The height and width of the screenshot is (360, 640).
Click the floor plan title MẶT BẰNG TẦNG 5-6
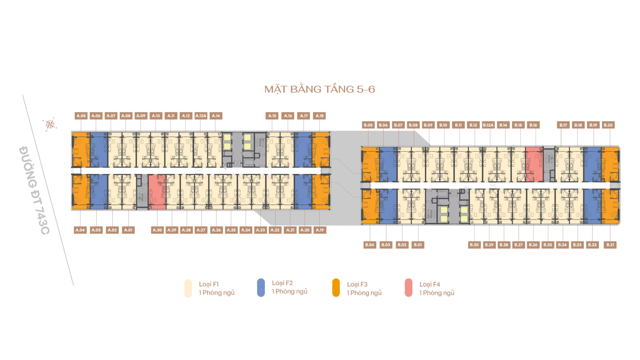pos(320,89)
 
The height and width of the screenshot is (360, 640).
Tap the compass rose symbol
pos(50,124)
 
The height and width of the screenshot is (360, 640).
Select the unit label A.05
pos(81,116)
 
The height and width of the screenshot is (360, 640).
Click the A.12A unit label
pos(201,116)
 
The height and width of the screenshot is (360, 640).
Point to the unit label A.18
pos(319,116)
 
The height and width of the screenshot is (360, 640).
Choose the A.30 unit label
pos(157,230)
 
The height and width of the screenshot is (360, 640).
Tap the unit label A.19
pos(320,230)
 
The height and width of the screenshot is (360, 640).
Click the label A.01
pos(128,230)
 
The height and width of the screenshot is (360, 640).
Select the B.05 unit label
pos(368,125)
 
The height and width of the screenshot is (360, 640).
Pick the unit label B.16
pos(533,125)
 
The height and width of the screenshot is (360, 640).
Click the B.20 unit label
pos(608,125)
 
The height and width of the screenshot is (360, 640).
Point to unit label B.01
pos(418,245)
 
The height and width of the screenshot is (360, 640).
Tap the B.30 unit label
pos(474,245)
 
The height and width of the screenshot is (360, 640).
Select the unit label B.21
pos(610,245)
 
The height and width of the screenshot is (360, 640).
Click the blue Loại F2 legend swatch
pos(261,287)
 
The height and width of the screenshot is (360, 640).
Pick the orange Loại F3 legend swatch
pos(336,287)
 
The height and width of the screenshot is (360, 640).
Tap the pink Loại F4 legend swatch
pos(408,287)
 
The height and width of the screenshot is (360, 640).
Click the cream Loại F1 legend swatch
pos(188,288)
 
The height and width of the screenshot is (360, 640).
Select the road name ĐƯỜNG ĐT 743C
pos(34,190)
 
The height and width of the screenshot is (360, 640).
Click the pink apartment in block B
pos(534,164)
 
